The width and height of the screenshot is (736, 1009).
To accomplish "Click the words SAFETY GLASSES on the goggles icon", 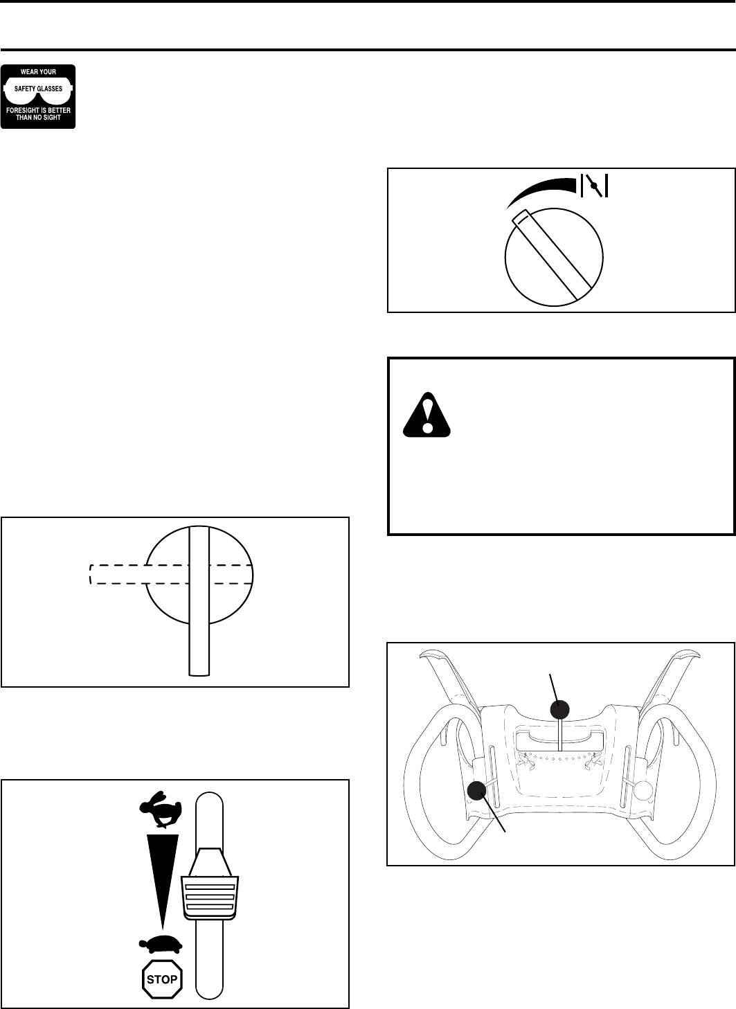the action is click(x=38, y=89).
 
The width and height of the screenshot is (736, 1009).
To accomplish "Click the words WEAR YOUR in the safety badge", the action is click(x=38, y=71).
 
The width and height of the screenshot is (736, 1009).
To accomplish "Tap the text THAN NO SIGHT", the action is click(x=38, y=118).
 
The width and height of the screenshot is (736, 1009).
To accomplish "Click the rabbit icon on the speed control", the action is click(x=161, y=809).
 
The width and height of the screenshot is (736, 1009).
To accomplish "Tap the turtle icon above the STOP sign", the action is click(x=161, y=944).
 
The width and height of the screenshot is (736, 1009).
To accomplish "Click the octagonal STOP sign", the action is click(x=162, y=979).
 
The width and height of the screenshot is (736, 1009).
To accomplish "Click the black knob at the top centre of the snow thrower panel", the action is click(x=559, y=709).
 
